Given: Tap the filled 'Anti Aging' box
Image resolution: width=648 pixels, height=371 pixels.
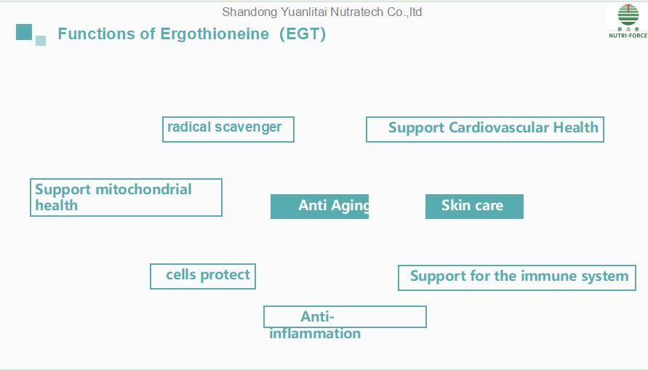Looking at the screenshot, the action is [319, 206].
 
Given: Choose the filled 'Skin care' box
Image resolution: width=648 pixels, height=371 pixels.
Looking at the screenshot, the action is [474, 206].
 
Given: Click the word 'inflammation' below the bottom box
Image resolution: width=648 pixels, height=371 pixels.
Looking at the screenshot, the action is [315, 333].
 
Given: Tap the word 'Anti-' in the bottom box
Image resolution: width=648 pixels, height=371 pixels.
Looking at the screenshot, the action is [317, 316].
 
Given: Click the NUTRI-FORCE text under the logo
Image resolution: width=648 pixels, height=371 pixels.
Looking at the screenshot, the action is [628, 36].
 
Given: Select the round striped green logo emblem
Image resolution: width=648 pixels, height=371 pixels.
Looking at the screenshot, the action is [628, 15].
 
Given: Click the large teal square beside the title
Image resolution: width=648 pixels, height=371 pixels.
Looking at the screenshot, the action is [24, 32].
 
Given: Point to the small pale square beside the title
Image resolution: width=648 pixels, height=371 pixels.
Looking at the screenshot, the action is [41, 41].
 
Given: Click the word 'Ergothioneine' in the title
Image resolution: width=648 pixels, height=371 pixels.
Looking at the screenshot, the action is [215, 34].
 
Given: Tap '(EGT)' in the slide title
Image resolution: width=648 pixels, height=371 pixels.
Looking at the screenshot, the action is [303, 34].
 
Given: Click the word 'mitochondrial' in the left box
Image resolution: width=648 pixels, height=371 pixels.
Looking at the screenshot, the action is [143, 189].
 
